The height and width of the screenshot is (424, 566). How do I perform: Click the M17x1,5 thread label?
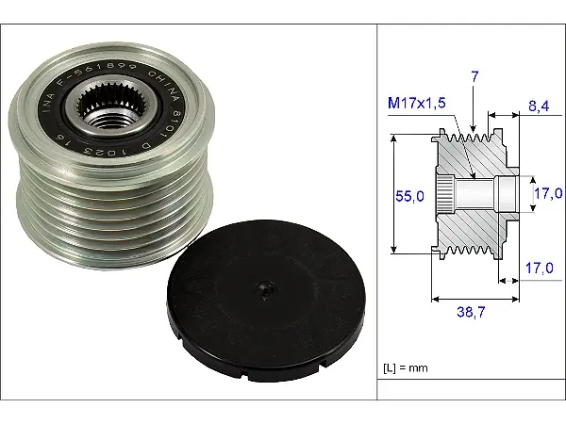click(x=417, y=103)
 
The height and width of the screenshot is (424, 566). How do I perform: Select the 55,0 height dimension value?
click(x=409, y=196)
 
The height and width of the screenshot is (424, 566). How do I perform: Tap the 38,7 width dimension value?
click(x=471, y=312)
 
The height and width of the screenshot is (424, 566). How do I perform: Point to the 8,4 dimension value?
click(x=539, y=106)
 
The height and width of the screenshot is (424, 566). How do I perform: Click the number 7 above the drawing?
click(x=474, y=77)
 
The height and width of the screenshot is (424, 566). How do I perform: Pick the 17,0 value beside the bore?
click(x=548, y=193)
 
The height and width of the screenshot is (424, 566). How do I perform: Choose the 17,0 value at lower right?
click(x=539, y=268)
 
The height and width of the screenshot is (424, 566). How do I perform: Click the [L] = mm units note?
click(x=406, y=368)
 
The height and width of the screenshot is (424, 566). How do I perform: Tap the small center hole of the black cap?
click(x=265, y=289)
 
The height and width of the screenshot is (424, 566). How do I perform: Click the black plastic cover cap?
click(x=266, y=301)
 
